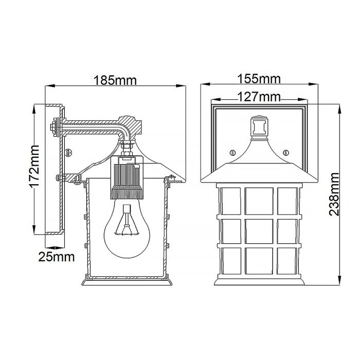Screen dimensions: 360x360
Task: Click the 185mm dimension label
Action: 115,80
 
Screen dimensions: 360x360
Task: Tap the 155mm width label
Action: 259,79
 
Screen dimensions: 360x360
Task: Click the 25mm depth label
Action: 57,256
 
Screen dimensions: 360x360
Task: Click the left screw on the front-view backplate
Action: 231,152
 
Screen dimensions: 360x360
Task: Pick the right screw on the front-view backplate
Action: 286,152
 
